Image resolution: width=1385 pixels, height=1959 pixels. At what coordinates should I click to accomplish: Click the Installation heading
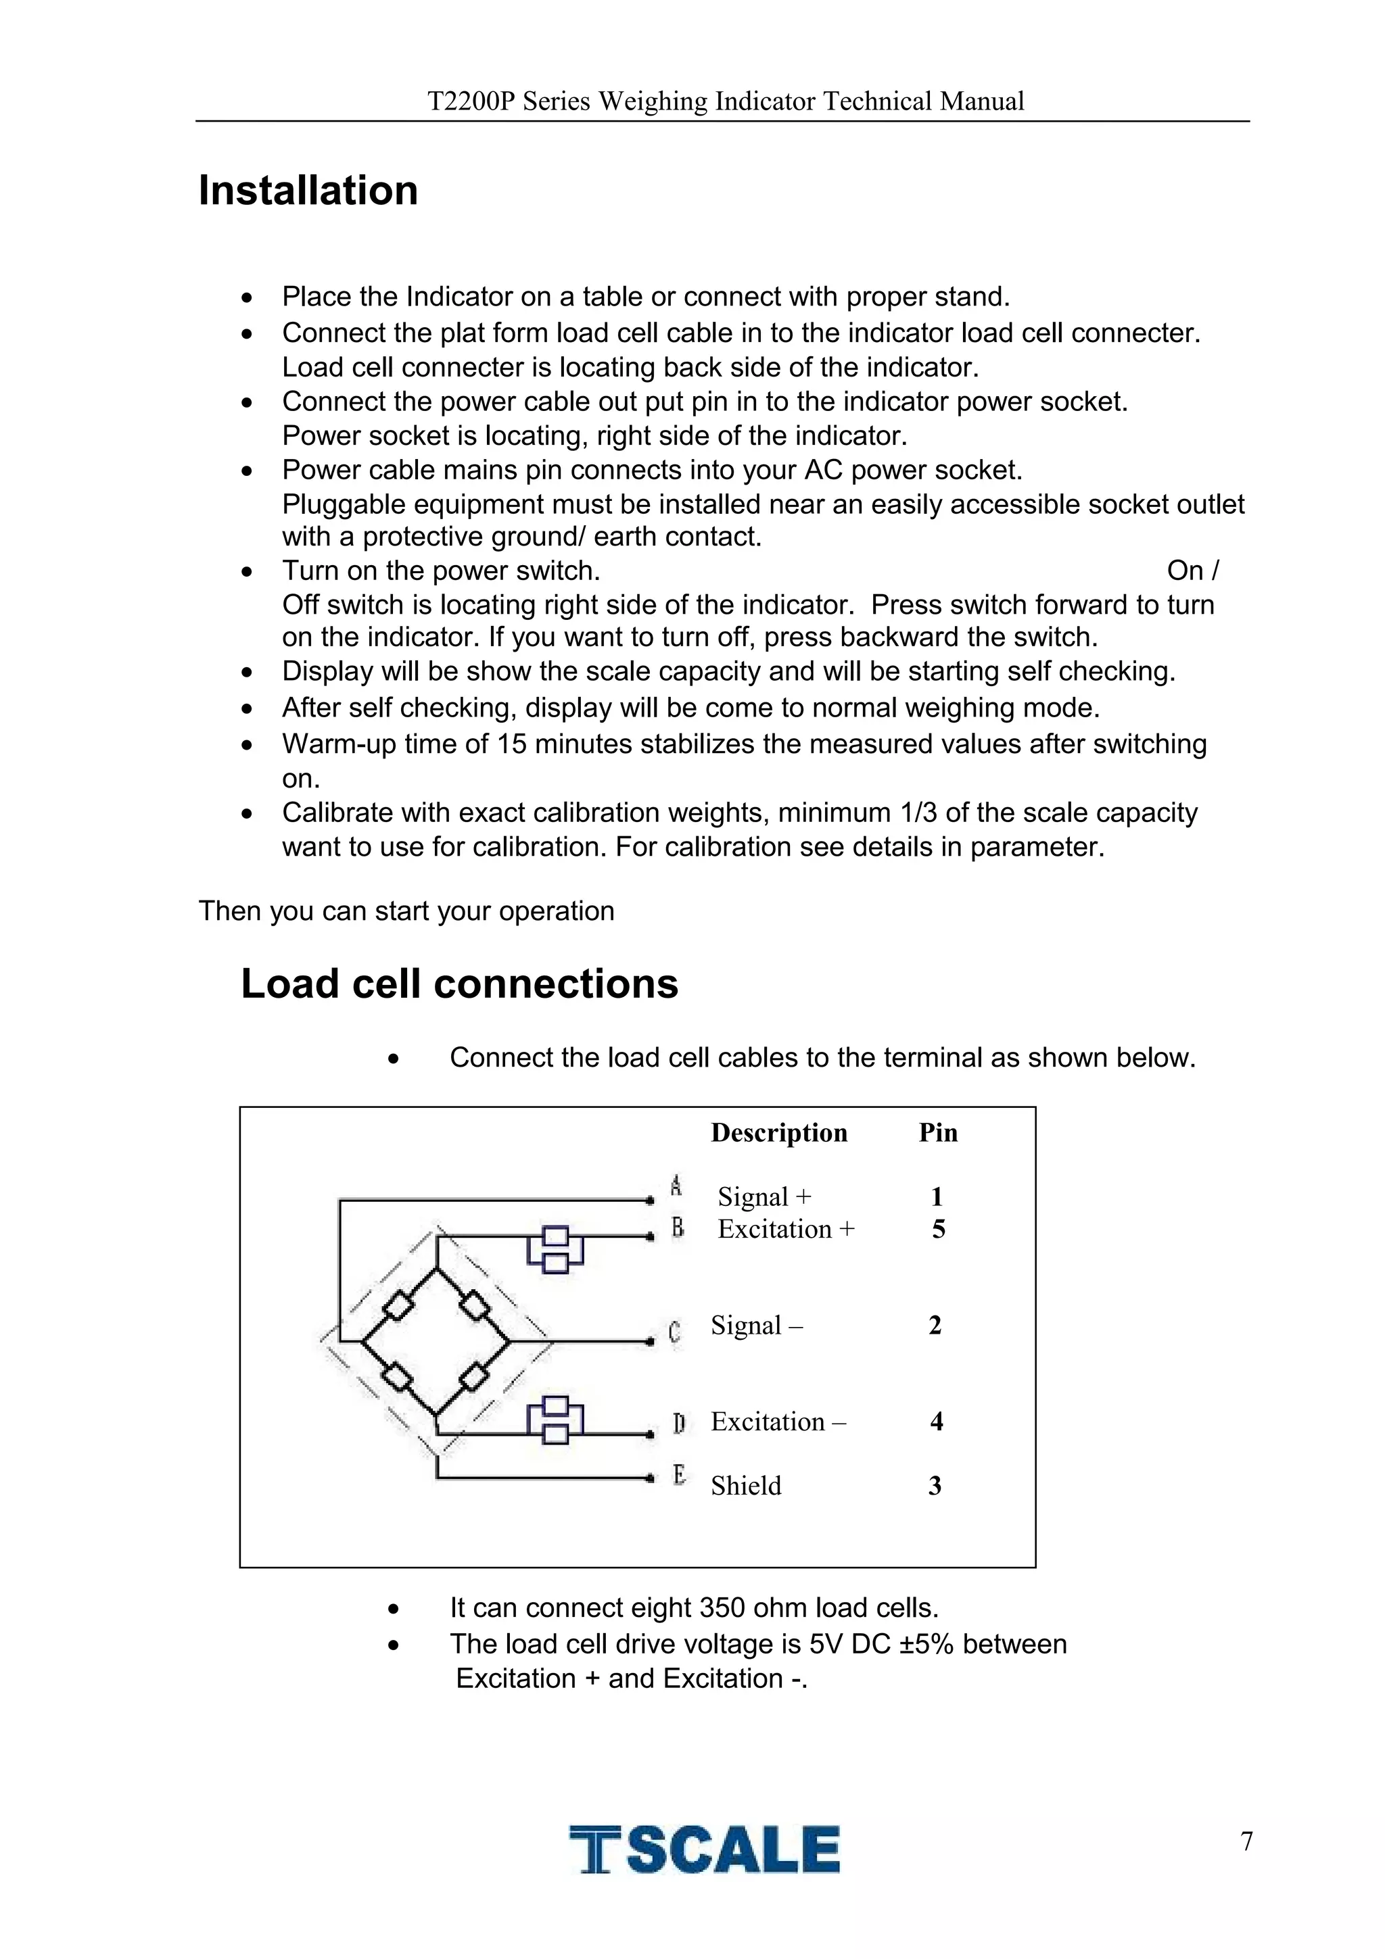coord(308,190)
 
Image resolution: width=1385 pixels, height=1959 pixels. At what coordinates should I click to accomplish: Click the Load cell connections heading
coord(459,984)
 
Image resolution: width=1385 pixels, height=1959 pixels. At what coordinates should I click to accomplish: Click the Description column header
coord(778,1132)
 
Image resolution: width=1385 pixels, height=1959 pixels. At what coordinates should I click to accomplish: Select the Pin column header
coord(938,1132)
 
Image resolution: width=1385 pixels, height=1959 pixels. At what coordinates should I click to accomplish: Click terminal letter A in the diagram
coord(676,1185)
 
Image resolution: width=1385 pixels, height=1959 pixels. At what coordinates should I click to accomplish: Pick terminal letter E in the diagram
coord(679,1474)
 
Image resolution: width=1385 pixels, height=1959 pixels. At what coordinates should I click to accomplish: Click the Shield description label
coord(746,1485)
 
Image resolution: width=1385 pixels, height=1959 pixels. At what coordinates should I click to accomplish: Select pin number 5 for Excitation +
coord(938,1229)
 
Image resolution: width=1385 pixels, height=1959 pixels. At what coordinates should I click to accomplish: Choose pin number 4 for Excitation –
coord(936,1422)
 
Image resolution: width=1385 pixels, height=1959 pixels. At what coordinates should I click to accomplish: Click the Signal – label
coord(756,1325)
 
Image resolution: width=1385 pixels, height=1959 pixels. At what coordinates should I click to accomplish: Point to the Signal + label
coord(764,1196)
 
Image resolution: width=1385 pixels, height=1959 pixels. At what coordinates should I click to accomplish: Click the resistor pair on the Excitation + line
coord(555,1249)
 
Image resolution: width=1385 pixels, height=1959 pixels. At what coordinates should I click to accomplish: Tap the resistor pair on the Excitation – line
coord(555,1421)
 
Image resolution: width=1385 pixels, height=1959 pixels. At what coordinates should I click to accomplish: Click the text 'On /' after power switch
coord(1192,570)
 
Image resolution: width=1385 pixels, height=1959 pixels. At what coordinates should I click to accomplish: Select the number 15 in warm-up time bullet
coord(512,744)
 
